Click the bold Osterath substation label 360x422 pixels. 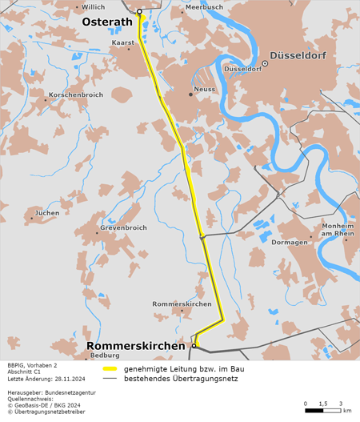pyautogui.click(x=107, y=22)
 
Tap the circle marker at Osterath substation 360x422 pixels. pyautogui.click(x=139, y=12)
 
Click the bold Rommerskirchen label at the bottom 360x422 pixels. pyautogui.click(x=137, y=346)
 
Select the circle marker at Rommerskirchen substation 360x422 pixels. pyautogui.click(x=194, y=346)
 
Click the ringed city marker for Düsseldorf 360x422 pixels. pyautogui.click(x=264, y=63)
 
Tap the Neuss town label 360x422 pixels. pyautogui.click(x=205, y=89)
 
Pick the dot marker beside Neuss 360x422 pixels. pyautogui.click(x=190, y=94)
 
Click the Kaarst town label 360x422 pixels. pyautogui.click(x=123, y=41)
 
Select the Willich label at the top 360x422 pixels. pyautogui.click(x=94, y=6)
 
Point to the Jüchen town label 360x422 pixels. pyautogui.click(x=47, y=213)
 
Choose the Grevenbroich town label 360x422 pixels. pyautogui.click(x=123, y=227)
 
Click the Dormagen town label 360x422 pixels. pyautogui.click(x=289, y=242)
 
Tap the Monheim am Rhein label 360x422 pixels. pyautogui.click(x=338, y=231)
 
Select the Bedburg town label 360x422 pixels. pyautogui.click(x=105, y=355)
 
